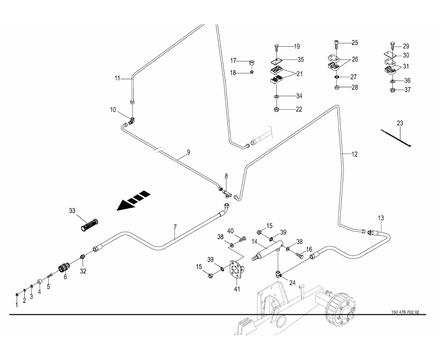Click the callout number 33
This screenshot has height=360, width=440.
[72, 210]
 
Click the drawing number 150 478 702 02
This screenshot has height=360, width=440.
[405, 312]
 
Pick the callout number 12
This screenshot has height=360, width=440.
[355, 154]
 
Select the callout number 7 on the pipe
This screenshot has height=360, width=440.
[175, 228]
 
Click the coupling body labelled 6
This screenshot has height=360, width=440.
[63, 268]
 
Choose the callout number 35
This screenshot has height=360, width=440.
[300, 60]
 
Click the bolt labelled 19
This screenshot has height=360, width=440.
[276, 48]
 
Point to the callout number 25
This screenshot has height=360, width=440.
[354, 43]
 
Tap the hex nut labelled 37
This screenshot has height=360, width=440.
[392, 90]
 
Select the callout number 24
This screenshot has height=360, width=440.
[292, 282]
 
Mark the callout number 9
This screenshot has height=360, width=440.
[188, 152]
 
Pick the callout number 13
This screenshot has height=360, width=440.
[381, 218]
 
